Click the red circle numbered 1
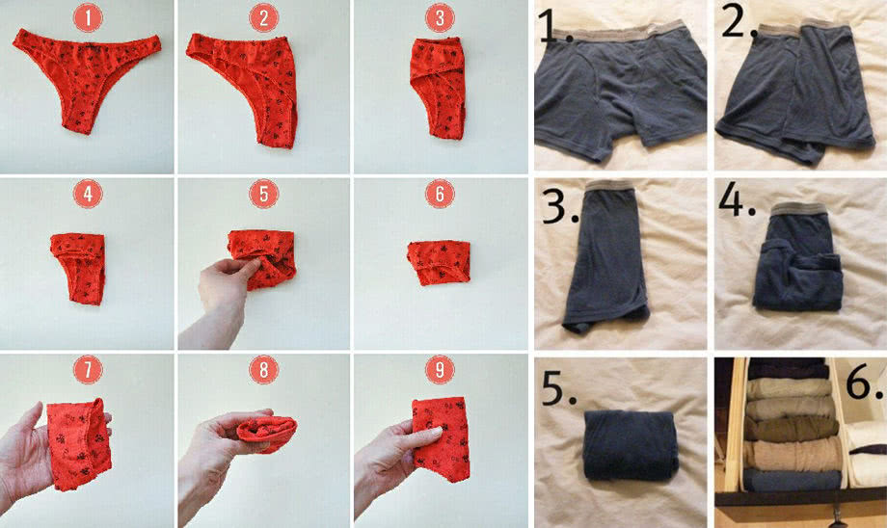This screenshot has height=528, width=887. click(88, 18)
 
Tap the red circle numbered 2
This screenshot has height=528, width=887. click(263, 18)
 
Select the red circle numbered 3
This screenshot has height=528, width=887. click(440, 18)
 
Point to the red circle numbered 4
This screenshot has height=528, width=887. click(88, 194)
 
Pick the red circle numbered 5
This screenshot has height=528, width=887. click(263, 194)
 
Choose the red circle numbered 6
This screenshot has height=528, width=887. click(440, 194)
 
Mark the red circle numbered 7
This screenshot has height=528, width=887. click(88, 370)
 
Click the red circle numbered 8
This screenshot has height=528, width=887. click(263, 370)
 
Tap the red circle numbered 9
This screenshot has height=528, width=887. click(440, 370)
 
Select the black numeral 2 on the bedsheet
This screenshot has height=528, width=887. click(738, 20)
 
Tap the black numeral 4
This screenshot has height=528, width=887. click(737, 199)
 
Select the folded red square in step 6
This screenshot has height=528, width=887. click(439, 263)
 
